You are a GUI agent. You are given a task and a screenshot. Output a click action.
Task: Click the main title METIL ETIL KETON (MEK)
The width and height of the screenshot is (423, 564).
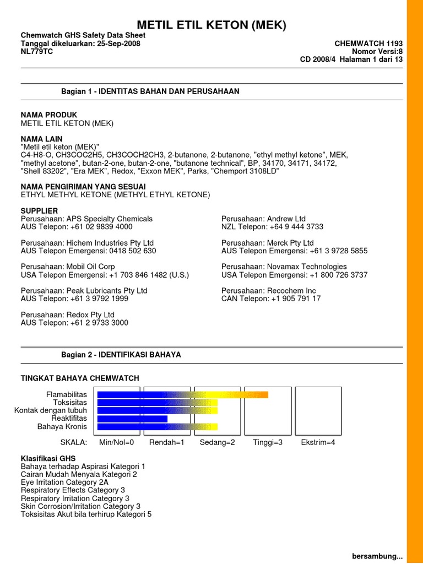212,25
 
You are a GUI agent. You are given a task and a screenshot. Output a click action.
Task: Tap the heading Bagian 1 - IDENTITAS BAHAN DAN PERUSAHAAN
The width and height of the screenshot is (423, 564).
150,91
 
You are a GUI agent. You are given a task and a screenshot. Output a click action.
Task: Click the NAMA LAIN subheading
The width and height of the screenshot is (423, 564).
41,139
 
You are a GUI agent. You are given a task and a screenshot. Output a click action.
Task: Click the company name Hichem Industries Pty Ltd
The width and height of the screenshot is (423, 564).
110,243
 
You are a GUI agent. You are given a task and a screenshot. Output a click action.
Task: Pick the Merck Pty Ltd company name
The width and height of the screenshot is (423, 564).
291,243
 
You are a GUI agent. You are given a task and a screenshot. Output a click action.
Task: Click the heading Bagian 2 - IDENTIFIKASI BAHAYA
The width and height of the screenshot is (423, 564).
121,355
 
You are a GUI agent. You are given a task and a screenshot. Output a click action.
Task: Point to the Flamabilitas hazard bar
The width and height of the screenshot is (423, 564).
182,394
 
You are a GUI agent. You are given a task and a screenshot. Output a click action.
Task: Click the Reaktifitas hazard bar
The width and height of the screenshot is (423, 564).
132,419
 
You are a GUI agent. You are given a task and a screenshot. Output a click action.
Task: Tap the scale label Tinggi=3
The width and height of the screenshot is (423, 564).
268,442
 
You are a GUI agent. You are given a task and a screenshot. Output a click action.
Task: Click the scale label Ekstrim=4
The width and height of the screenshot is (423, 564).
318,442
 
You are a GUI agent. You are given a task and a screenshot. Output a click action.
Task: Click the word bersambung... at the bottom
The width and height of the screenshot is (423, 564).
377,557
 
